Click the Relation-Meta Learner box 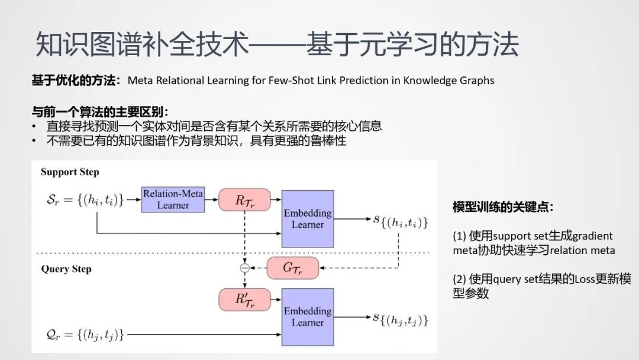[173, 200]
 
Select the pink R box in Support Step [244, 200]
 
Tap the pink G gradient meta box [292, 268]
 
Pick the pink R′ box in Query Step [244, 299]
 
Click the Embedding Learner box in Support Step [308, 218]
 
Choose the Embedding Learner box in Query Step [308, 317]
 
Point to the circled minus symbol [244, 268]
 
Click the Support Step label [70, 172]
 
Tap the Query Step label [66, 269]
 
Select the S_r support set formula [82, 200]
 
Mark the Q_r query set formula [83, 335]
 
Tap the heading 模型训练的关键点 [503, 207]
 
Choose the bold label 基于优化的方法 [75, 81]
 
